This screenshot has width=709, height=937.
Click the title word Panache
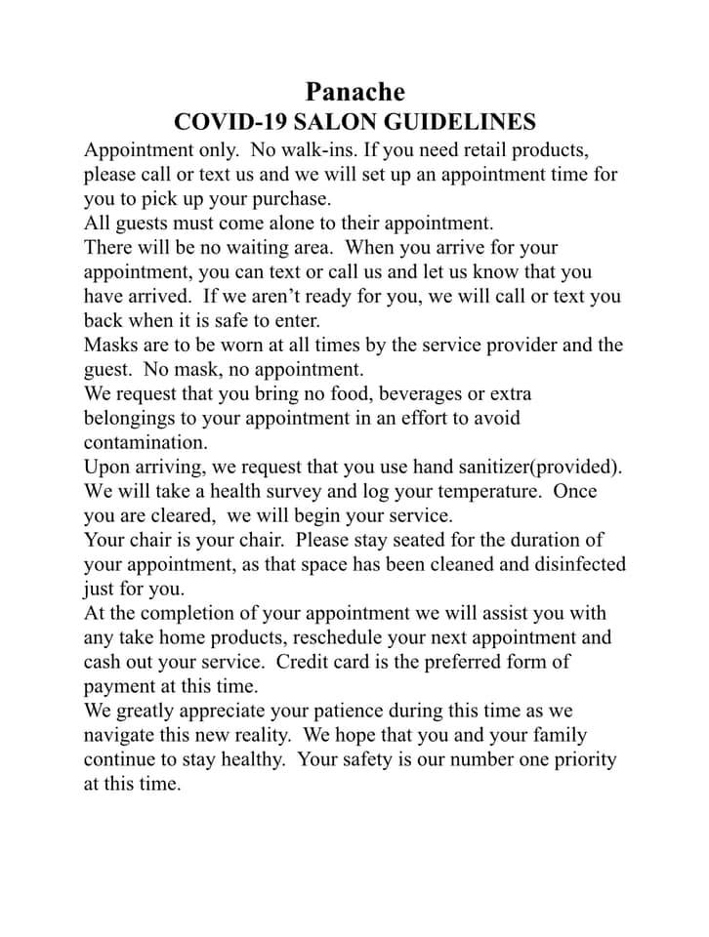pyautogui.click(x=354, y=92)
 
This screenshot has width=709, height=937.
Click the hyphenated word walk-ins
pyautogui.click(x=322, y=150)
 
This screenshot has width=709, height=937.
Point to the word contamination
pyautogui.click(x=146, y=442)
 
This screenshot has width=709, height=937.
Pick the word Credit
pyautogui.click(x=307, y=662)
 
